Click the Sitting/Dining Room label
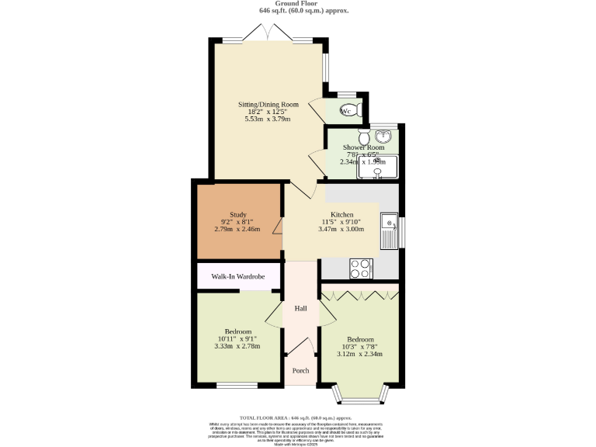coord(268,104)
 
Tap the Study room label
coord(238,214)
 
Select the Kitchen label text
coord(341,214)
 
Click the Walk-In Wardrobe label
coord(238,276)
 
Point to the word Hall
coord(300,308)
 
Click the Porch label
coord(300,371)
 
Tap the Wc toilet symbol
coord(348,110)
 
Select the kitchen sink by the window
coord(388,230)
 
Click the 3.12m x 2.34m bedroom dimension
coord(360,354)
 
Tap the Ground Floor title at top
coord(297,4)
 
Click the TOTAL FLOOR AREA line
coord(297,418)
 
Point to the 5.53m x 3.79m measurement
coord(268,120)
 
